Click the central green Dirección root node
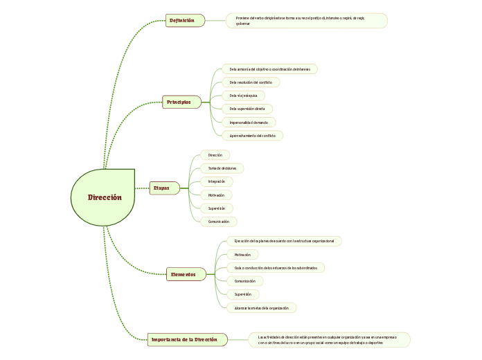[x=104, y=197]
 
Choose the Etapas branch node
[x=164, y=188]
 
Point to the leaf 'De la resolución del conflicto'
[x=251, y=82]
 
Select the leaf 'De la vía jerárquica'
[x=243, y=96]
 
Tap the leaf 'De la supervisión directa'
[x=247, y=109]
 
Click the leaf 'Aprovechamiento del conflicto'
[x=252, y=136]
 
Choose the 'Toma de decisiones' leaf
[x=222, y=168]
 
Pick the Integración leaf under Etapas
[x=217, y=181]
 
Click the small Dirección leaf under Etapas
[x=215, y=155]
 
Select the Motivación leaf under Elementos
[x=242, y=255]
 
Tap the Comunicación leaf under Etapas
[x=218, y=222]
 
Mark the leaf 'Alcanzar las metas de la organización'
[x=261, y=307]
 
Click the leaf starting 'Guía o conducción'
[x=275, y=267]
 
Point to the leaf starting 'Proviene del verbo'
[x=306, y=21]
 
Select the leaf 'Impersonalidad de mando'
[x=248, y=123]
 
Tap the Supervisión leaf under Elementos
[x=242, y=294]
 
